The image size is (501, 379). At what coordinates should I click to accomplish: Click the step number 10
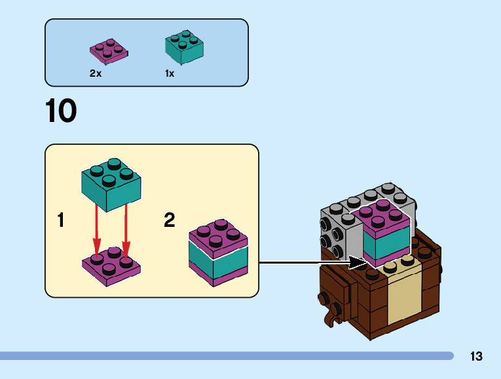61,111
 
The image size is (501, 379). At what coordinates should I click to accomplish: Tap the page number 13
476,357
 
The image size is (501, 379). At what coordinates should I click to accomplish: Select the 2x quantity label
96,73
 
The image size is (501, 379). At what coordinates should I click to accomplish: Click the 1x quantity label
170,73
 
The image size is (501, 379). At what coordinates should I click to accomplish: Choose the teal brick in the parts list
183,47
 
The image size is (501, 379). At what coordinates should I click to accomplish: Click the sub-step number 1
61,220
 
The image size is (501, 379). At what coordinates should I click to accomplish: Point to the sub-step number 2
170,220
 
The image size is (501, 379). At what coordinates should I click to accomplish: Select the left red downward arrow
97,229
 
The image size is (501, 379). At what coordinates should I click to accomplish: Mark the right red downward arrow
126,229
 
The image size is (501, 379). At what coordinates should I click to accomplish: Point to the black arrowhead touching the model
358,263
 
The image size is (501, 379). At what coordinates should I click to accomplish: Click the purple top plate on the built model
385,218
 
